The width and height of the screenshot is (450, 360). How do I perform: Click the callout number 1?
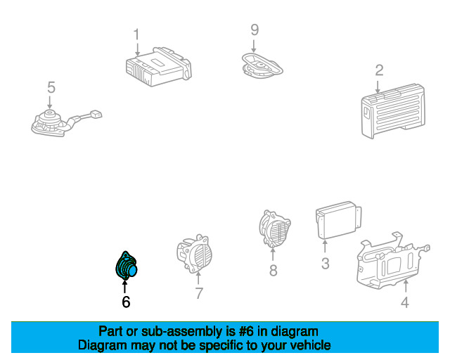coord(137,34)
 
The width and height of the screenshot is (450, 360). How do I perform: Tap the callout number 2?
coord(379,70)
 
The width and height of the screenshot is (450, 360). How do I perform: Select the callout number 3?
coord(326,264)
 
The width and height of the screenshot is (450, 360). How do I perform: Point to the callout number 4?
coord(404,303)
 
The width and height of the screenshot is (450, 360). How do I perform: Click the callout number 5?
coord(51,87)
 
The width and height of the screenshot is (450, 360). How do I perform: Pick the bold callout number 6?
coord(126,302)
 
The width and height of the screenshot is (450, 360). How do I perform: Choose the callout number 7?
coord(199,293)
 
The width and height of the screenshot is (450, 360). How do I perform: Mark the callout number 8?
coord(273,269)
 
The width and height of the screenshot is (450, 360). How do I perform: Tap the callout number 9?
coord(255,30)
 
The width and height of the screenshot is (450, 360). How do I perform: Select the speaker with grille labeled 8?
coord(274,229)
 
